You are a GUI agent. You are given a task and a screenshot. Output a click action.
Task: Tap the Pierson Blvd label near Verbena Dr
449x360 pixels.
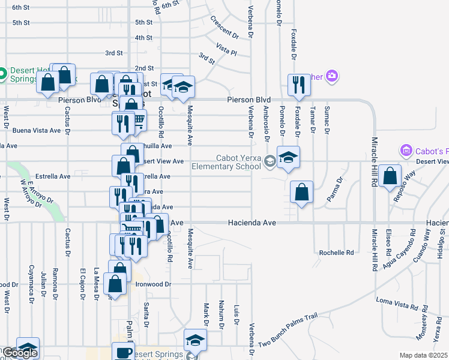click(249, 100)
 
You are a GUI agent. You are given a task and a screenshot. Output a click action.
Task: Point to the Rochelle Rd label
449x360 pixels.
click(336, 253)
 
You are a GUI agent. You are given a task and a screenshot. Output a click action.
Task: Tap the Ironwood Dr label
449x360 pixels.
click(154, 284)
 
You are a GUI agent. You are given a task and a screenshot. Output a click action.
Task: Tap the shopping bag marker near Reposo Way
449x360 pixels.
click(390, 176)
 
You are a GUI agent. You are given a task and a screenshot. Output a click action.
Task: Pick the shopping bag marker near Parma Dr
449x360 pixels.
click(301, 192)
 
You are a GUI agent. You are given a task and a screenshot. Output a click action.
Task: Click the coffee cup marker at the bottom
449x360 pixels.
click(124, 353)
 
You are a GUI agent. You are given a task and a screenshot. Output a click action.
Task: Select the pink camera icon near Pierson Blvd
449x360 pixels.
click(332, 76)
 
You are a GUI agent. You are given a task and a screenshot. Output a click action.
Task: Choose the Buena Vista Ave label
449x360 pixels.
click(37, 130)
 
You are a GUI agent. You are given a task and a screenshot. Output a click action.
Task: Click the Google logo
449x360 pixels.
click(20, 353)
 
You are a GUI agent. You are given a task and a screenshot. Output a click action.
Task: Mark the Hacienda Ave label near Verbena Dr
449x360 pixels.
click(251, 223)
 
